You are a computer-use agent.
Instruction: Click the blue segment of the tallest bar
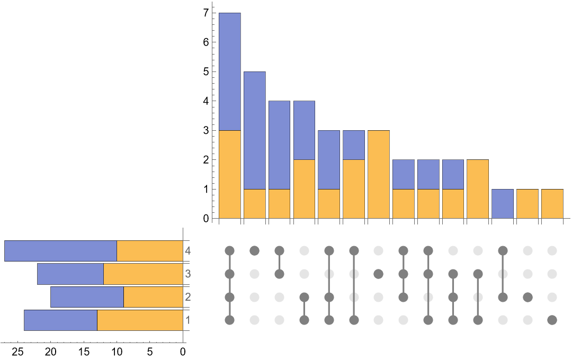(230, 71)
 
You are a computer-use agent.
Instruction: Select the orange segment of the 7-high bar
(230, 174)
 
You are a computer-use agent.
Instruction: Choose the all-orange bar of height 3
(378, 174)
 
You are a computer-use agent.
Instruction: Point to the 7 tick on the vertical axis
(212, 13)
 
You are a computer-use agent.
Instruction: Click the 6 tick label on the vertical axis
(205, 42)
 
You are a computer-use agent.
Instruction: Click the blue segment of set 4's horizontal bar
(60, 250)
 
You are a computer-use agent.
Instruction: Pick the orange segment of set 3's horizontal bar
(143, 274)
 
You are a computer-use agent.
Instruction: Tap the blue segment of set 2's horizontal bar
(87, 296)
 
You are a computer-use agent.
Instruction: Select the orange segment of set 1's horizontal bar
(140, 320)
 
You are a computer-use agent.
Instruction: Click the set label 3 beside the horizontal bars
(187, 274)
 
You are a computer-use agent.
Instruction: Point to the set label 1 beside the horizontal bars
(187, 320)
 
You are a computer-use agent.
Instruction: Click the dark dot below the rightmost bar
(552, 320)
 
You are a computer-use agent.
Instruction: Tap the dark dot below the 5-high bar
(254, 250)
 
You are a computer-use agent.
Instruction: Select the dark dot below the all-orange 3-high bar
(378, 274)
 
